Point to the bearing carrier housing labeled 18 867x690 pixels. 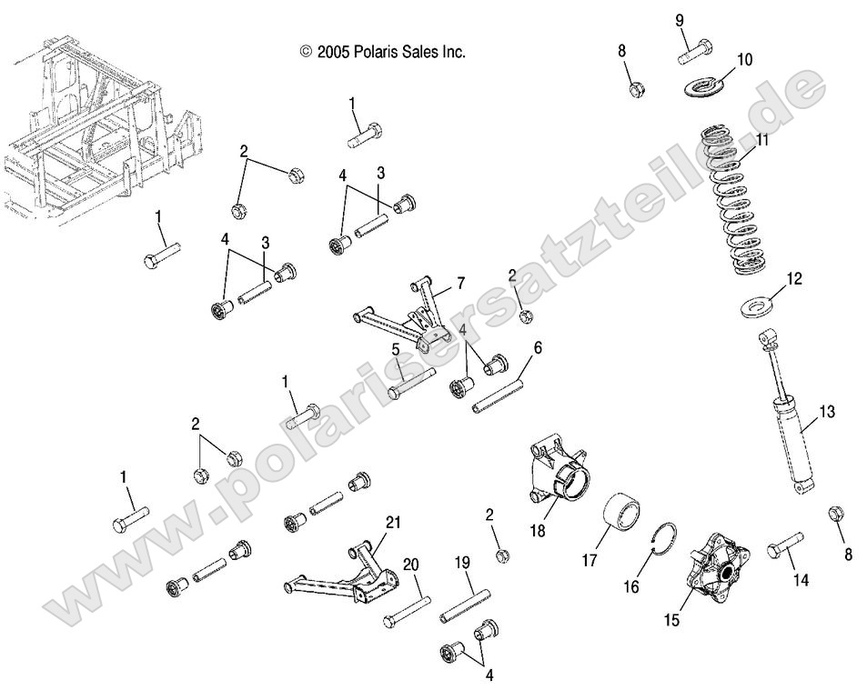[557, 473]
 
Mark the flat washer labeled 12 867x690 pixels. [755, 307]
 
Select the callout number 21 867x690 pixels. [392, 522]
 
